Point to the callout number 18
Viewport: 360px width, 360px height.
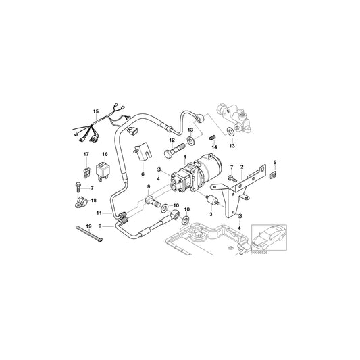[x=93, y=201]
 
